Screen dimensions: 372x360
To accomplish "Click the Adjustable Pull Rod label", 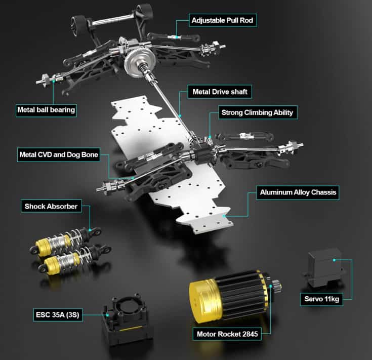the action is pos(223,20).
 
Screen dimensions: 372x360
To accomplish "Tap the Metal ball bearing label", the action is pos(46,110).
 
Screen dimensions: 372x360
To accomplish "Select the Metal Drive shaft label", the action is pos(220,92).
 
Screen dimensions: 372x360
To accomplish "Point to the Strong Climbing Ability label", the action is pos(258,112).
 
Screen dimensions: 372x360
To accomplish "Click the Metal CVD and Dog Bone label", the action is pos(59,155).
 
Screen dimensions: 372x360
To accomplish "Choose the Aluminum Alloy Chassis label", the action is pos(298,192).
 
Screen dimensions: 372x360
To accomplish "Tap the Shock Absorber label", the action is pos(51,206).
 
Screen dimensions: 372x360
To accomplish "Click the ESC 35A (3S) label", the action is pos(58,315).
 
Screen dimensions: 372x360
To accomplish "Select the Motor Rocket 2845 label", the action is pos(227,334).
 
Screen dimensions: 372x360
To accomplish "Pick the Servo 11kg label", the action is pos(321,299).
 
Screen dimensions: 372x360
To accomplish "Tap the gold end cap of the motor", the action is pos(205,301).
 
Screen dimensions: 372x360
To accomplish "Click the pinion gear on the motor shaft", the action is pos(277,286).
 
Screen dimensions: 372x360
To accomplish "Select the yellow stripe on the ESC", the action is pos(131,329).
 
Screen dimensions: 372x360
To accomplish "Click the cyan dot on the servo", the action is pos(334,260).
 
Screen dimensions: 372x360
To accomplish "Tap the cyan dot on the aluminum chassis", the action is pos(224,216).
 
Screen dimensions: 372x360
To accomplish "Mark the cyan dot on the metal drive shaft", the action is pos(180,116).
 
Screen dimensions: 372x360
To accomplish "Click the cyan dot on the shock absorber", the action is pos(90,230).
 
